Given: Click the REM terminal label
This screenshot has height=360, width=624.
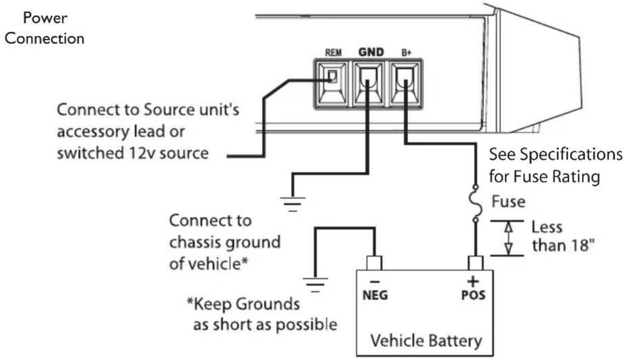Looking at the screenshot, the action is (333, 52).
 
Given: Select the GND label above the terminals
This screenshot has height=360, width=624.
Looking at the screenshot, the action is (371, 52).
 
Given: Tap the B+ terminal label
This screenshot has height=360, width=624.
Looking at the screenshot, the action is (406, 52).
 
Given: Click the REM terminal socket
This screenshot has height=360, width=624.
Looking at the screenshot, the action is (332, 84).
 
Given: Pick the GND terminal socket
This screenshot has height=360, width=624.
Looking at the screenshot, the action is (368, 84).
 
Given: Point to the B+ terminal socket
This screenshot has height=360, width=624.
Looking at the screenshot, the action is (405, 84).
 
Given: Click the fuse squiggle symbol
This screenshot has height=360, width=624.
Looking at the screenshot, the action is (476, 204).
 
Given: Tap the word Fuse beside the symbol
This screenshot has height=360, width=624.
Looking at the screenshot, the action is (508, 201).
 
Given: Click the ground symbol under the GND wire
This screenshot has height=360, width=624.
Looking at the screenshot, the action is (293, 204).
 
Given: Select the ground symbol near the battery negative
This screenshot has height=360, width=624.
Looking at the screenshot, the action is (315, 285).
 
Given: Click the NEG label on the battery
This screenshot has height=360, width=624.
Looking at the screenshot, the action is (375, 295).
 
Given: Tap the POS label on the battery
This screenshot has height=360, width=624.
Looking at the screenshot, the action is (473, 295).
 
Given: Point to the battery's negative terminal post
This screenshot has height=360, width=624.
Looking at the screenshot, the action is (374, 263).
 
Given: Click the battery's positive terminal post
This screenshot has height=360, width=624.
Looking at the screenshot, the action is (476, 263).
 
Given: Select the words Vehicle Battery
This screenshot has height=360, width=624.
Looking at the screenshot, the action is (426, 341).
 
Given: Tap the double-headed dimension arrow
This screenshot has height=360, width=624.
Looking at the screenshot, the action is (509, 238).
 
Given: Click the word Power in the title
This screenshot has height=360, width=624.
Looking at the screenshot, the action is (45, 18).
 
